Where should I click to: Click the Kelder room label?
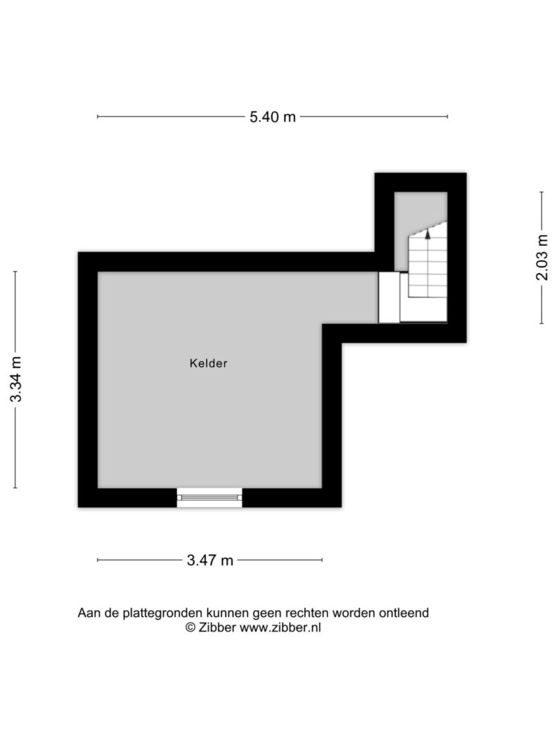click(208, 363)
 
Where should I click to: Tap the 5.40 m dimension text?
click(272, 116)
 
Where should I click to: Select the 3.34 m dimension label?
click(16, 379)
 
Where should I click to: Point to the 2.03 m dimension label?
click(542, 258)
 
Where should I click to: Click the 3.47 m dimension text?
click(210, 561)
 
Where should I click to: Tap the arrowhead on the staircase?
click(427, 233)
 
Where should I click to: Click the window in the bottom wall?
click(210, 498)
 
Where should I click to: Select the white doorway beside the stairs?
click(389, 297)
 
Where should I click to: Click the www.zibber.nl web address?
click(281, 627)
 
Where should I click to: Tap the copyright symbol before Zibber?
click(190, 627)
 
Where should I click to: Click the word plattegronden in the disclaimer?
click(162, 613)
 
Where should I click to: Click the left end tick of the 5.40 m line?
click(97, 116)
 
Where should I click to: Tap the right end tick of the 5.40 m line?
click(447, 116)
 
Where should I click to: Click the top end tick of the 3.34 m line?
click(15, 272)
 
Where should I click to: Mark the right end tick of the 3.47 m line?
click(322, 560)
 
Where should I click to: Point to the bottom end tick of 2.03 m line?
click(542, 324)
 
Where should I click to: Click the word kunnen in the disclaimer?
click(227, 613)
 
